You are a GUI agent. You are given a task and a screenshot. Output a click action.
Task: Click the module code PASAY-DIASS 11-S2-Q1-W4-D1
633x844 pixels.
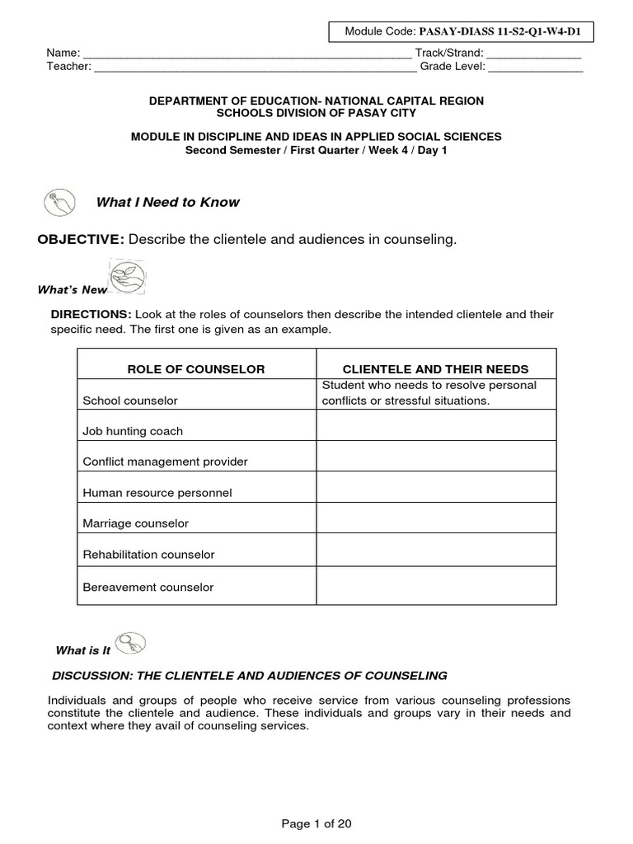(x=505, y=32)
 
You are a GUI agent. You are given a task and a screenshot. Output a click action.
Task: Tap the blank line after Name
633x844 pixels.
(x=246, y=54)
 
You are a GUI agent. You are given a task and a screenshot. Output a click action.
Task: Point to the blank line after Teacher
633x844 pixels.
(x=256, y=68)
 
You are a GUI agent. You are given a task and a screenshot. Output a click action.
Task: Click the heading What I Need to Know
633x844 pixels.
(x=168, y=202)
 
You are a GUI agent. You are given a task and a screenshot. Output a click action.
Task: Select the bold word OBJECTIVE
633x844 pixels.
(x=81, y=239)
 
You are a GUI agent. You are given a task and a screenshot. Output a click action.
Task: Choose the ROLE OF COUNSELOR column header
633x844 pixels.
(x=196, y=369)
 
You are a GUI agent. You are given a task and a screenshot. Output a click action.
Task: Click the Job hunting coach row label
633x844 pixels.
(x=133, y=431)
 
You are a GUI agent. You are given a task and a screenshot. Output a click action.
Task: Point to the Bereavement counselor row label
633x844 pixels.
(x=148, y=588)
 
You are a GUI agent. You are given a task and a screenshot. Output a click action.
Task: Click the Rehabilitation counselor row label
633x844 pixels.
(x=148, y=555)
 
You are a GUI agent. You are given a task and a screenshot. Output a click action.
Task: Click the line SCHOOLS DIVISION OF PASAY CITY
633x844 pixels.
(x=316, y=113)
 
